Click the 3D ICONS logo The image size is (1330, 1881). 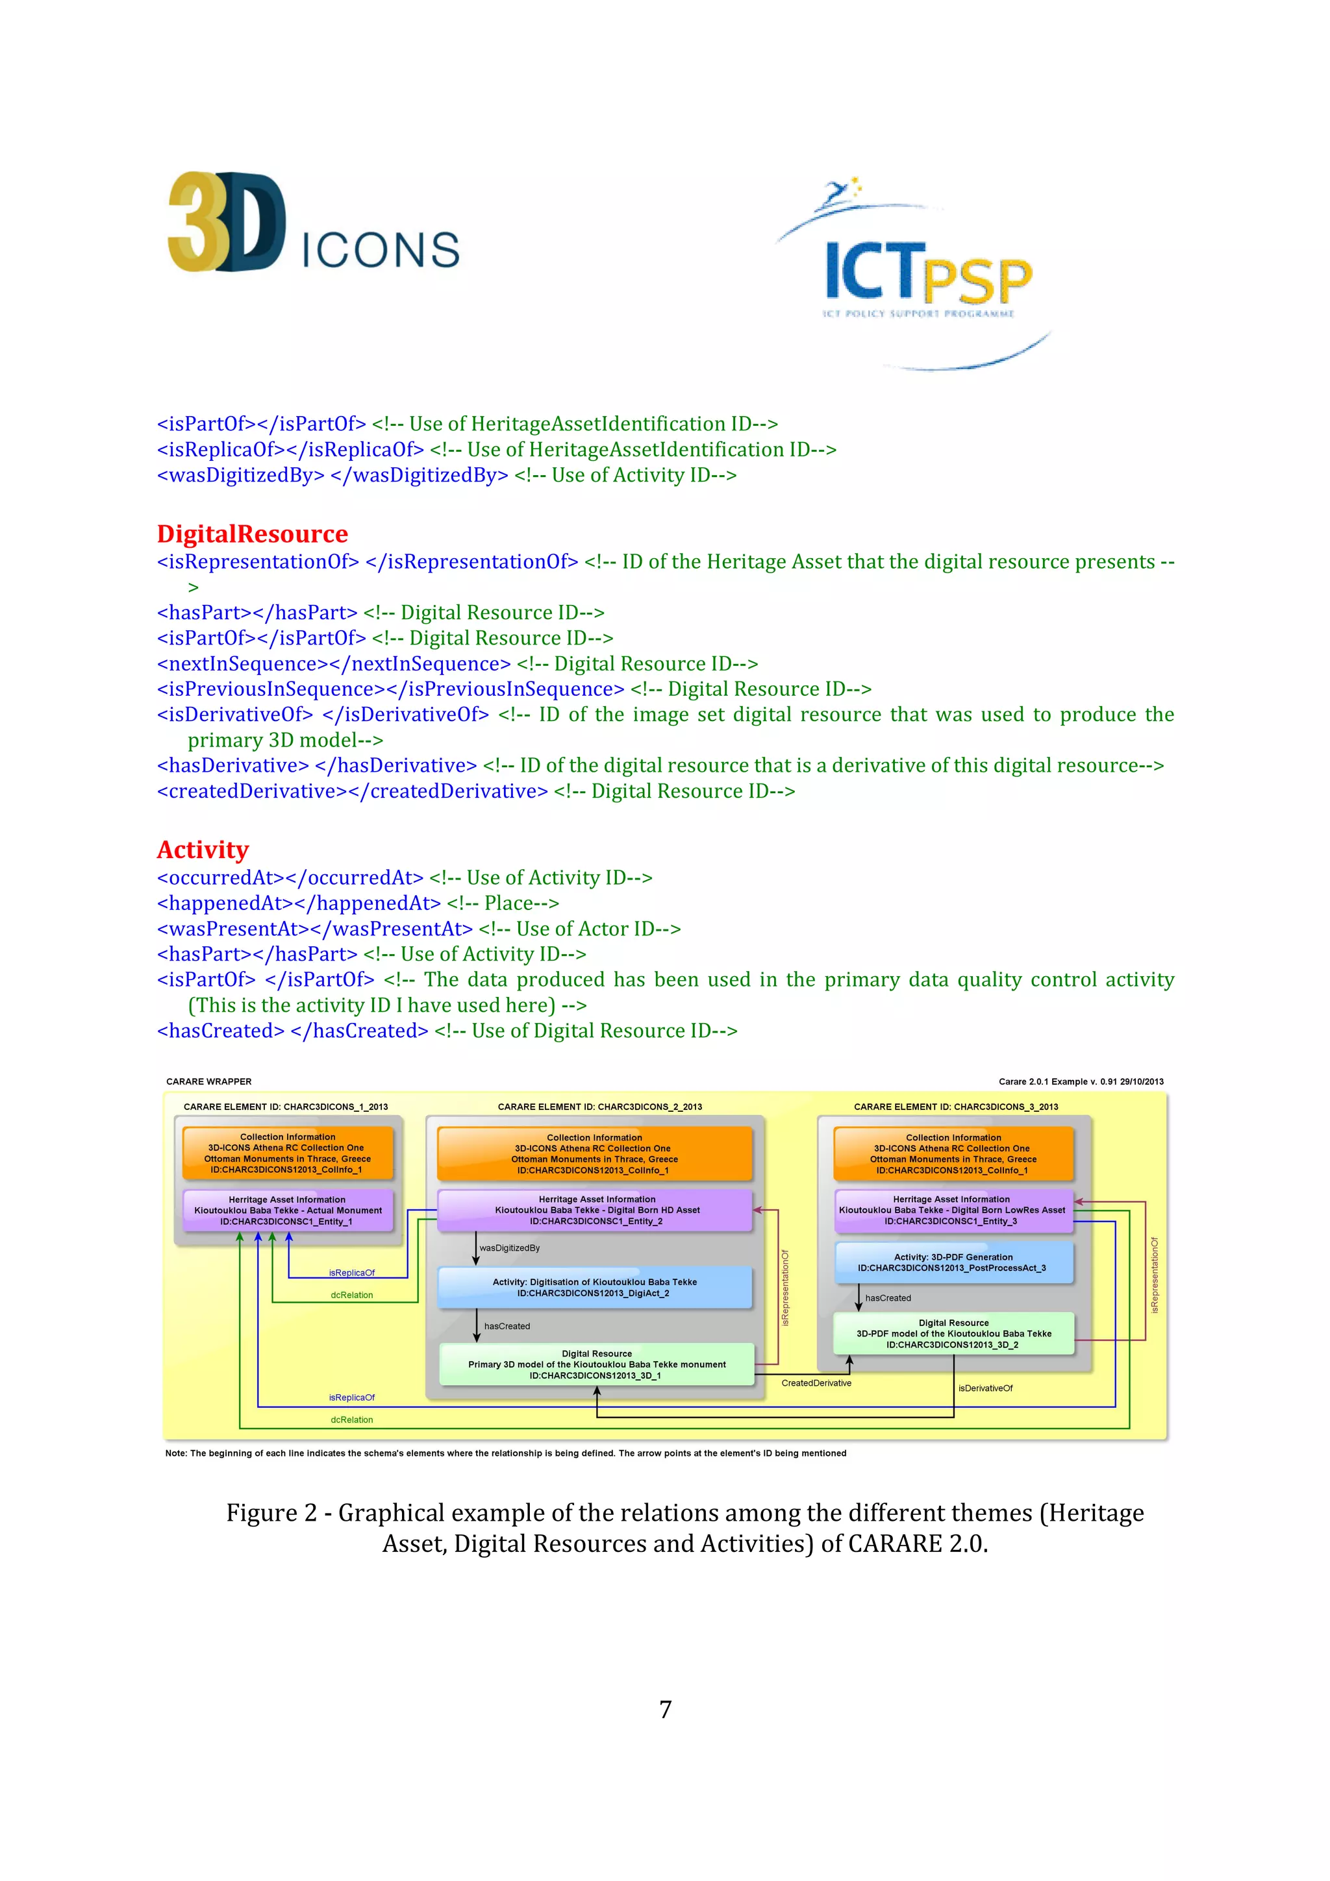(313, 223)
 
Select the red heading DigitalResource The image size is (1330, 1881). (253, 534)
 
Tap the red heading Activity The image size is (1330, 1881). (203, 850)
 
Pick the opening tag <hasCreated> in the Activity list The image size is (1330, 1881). (220, 1031)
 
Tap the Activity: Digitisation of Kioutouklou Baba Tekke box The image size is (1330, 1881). (594, 1287)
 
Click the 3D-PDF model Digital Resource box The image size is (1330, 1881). (953, 1333)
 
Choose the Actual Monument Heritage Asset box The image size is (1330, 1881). (287, 1210)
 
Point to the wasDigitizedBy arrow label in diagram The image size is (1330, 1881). (510, 1248)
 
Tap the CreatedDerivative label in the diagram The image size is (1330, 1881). (816, 1383)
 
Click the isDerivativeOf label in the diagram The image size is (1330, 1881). (985, 1388)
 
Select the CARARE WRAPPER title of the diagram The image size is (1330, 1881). (209, 1081)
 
